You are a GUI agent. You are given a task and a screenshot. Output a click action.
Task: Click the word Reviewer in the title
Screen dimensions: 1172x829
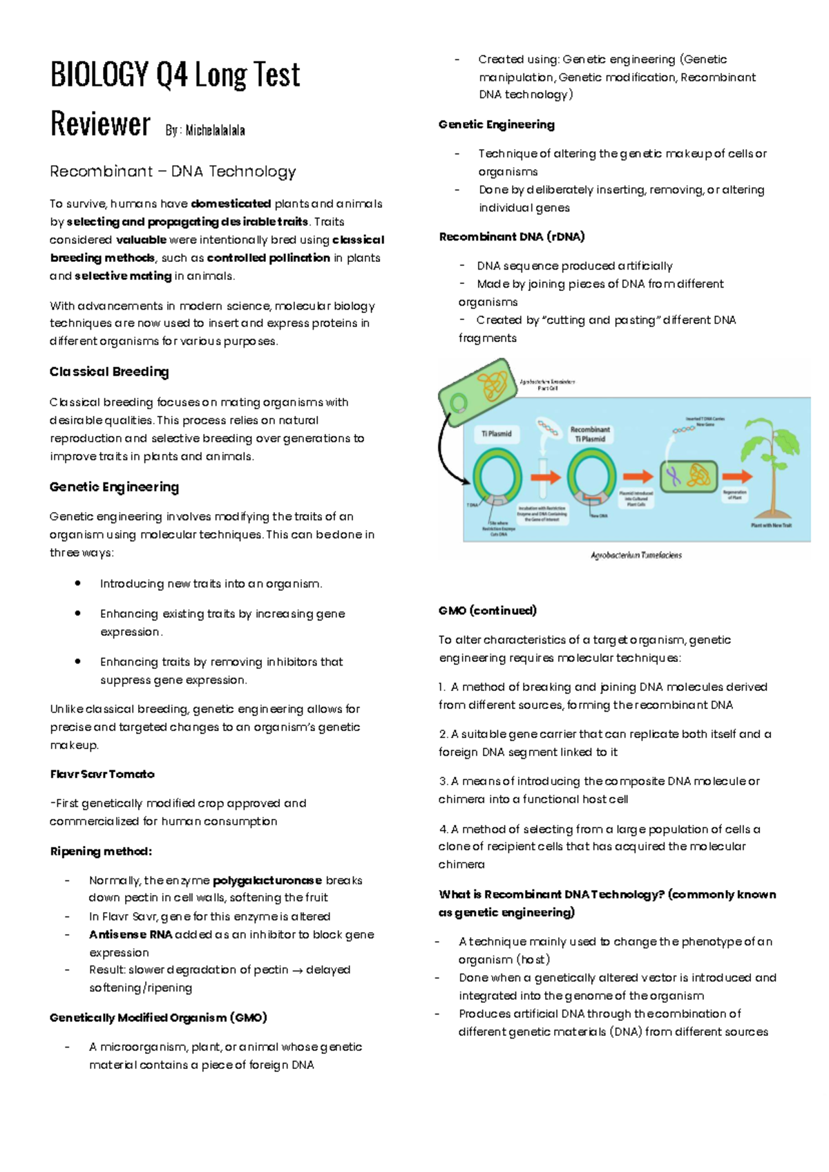click(x=100, y=124)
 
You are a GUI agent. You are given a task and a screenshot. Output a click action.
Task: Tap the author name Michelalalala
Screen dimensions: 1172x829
click(x=215, y=130)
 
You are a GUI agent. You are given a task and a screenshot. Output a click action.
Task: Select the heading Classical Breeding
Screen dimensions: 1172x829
click(x=109, y=372)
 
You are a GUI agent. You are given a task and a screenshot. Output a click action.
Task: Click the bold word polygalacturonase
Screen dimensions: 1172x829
click(x=267, y=880)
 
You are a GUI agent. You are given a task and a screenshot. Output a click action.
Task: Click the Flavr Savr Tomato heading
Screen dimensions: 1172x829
click(x=102, y=774)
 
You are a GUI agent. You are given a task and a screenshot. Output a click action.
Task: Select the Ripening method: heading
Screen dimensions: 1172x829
click(x=101, y=851)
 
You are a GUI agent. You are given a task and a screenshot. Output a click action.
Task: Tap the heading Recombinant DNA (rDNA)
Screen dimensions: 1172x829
click(x=512, y=236)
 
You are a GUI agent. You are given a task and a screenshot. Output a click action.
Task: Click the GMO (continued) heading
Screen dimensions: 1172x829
click(x=488, y=610)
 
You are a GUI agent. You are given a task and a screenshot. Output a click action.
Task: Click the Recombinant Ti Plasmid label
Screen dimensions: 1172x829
click(x=590, y=434)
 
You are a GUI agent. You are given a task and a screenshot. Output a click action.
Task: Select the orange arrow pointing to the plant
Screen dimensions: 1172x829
click(x=736, y=476)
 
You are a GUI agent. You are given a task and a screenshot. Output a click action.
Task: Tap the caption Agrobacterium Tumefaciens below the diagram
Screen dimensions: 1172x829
click(x=636, y=555)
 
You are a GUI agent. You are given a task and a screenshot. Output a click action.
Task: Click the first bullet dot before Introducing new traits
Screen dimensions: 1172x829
click(x=78, y=584)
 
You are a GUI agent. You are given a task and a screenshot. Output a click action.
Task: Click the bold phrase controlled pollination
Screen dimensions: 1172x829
click(x=269, y=258)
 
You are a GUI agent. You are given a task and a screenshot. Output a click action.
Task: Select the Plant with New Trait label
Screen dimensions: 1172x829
click(x=771, y=526)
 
